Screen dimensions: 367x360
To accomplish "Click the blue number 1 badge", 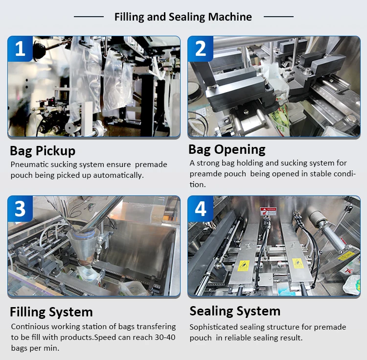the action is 20,48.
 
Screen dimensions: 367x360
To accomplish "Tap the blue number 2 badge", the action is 201,48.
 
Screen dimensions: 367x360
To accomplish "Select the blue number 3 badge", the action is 20,209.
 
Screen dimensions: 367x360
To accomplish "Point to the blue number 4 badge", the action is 201,209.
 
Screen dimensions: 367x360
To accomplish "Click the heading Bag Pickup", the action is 43,150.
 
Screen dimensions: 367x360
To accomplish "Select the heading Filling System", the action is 51,312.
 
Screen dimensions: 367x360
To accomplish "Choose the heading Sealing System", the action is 235,312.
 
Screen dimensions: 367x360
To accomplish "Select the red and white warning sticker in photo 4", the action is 268,211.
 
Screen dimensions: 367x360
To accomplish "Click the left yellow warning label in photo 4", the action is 243,266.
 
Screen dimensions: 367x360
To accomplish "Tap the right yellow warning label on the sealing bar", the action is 298,264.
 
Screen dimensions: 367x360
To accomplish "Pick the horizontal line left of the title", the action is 89,17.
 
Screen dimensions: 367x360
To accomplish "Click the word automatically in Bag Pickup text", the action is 118,175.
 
